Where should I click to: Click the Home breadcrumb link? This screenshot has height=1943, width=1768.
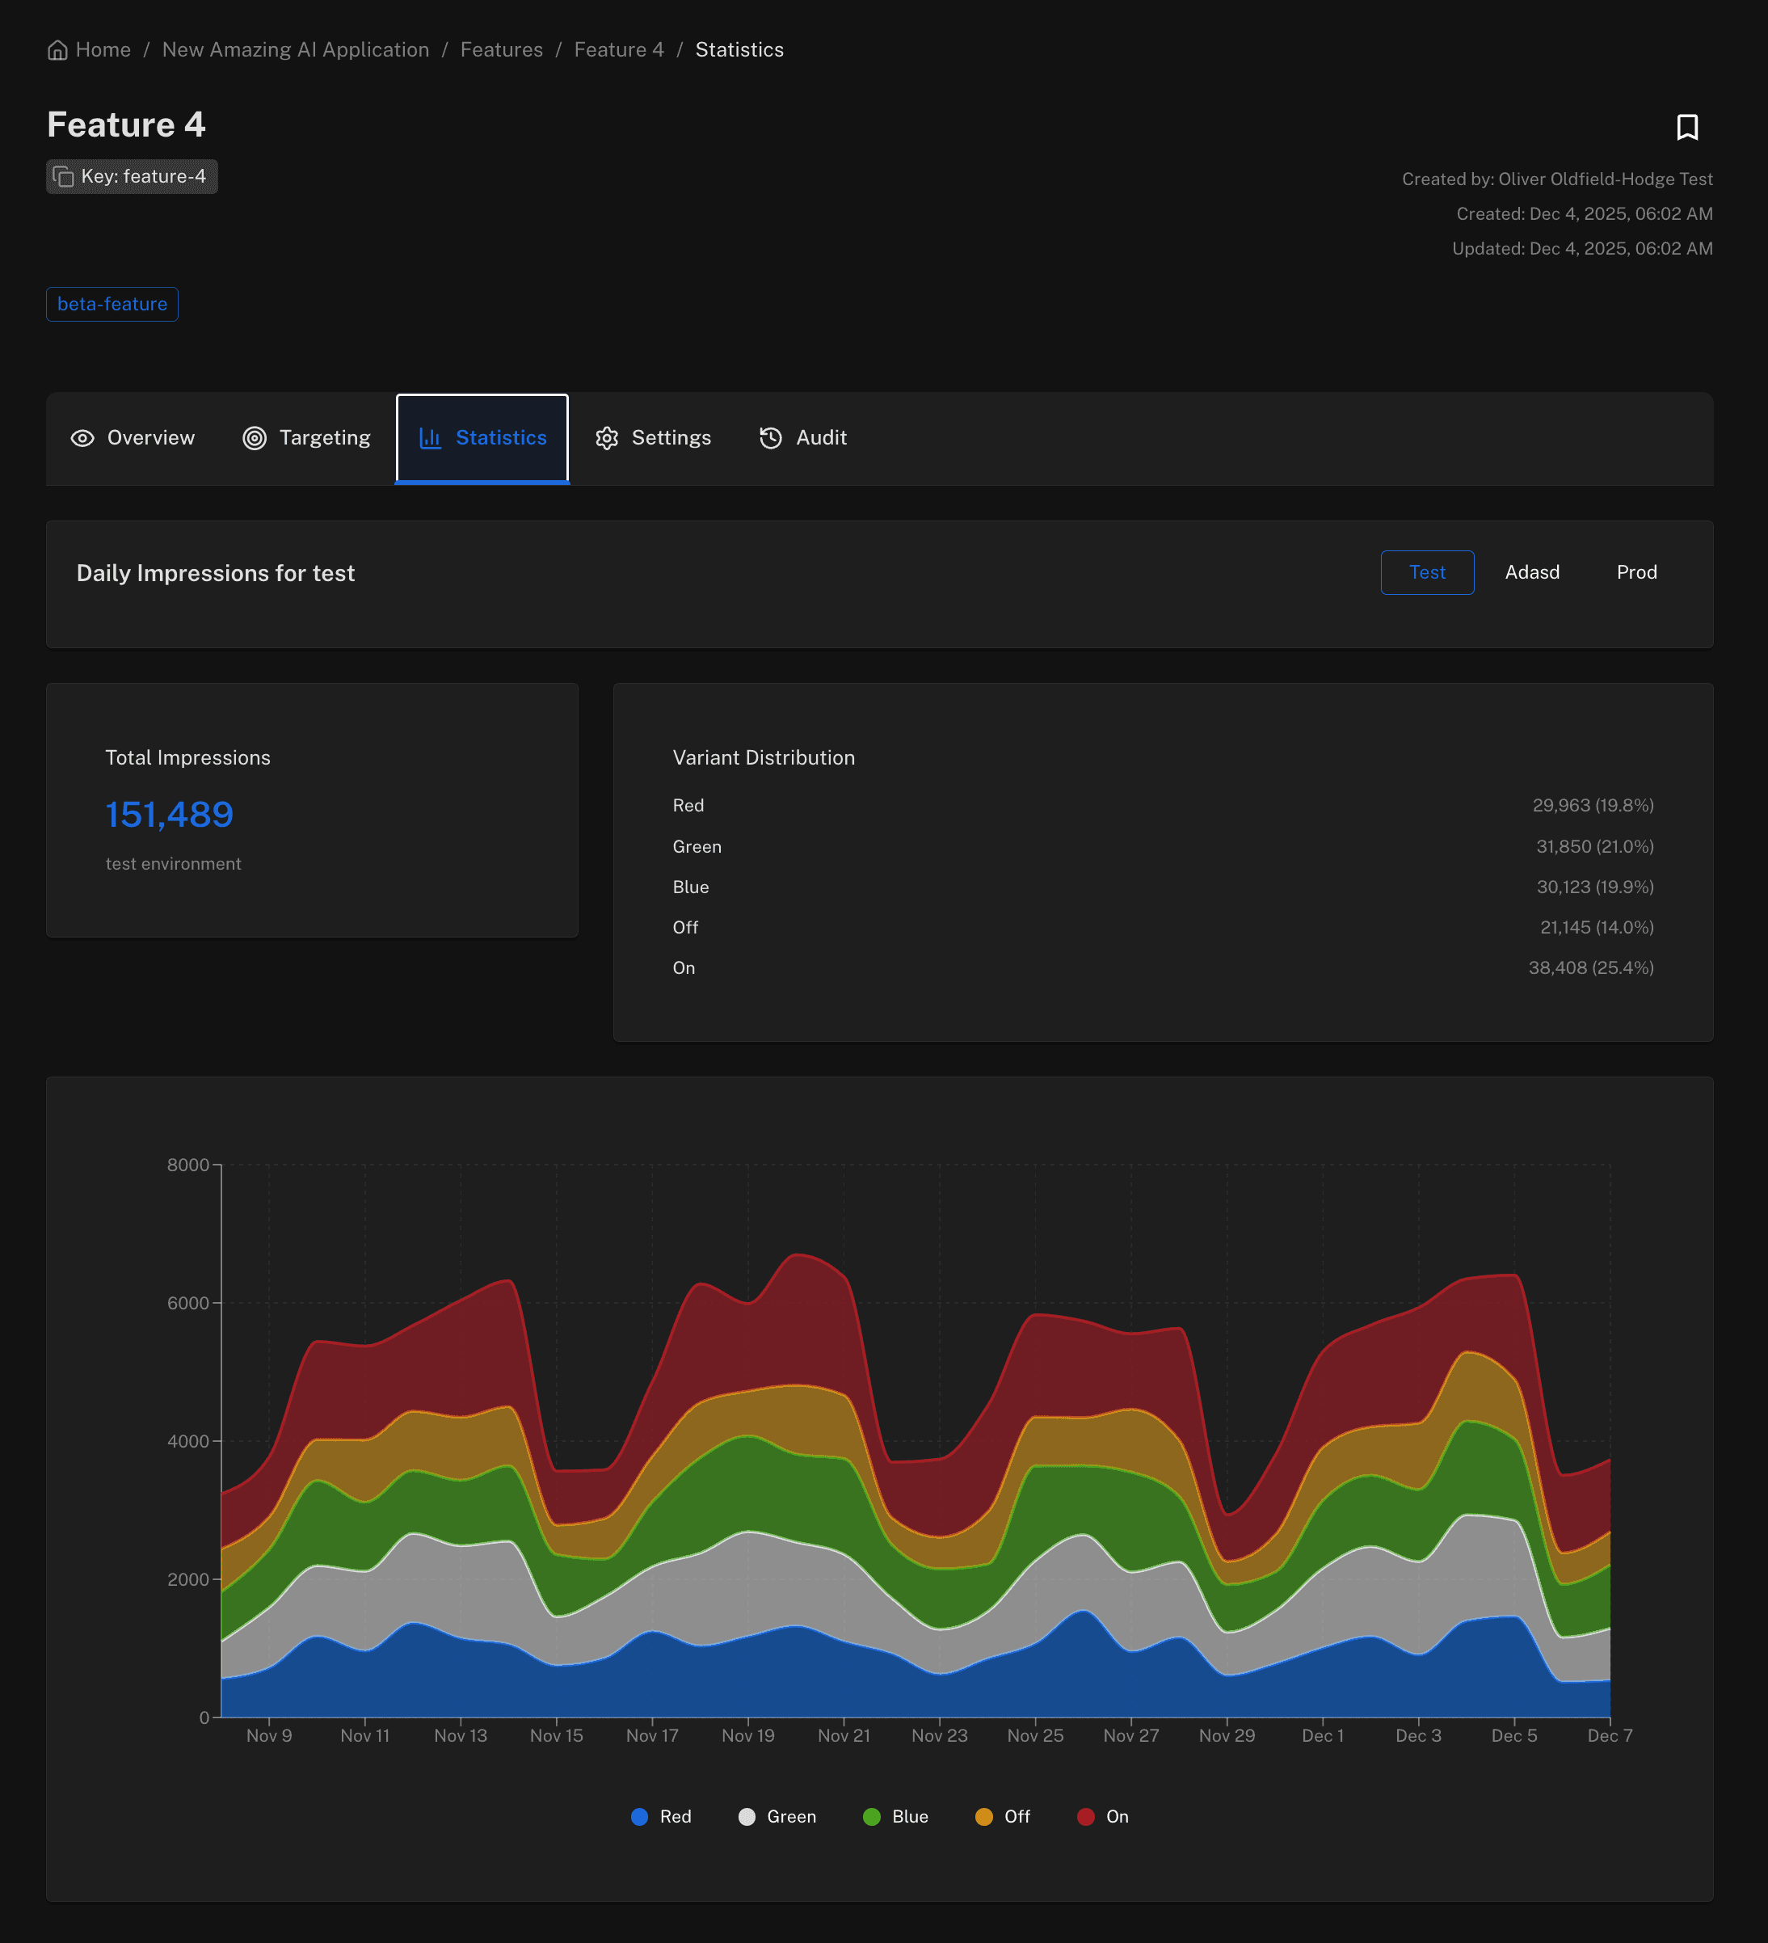pos(90,50)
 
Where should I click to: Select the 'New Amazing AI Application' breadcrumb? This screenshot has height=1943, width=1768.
pos(295,50)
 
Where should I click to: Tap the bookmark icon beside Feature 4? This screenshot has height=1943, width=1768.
pos(1686,127)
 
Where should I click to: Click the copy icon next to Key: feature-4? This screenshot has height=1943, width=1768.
pos(64,177)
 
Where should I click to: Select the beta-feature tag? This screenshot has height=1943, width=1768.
pos(112,305)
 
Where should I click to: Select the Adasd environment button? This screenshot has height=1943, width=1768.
pos(1531,572)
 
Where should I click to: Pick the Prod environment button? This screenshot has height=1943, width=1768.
pos(1636,572)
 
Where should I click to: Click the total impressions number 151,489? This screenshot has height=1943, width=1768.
pos(170,816)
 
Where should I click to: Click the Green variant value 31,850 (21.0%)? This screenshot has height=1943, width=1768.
pos(1593,846)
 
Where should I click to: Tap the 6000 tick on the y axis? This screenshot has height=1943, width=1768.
pos(188,1303)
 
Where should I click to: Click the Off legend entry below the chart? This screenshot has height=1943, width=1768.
pos(1003,1817)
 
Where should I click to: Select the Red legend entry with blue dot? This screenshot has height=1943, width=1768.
pos(661,1817)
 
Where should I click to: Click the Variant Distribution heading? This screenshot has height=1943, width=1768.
pos(763,758)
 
